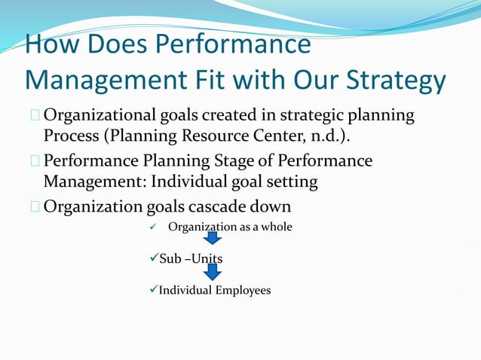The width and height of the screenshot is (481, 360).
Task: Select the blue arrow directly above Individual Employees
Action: tap(213, 272)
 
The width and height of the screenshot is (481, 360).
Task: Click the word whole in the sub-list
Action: tap(277, 227)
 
